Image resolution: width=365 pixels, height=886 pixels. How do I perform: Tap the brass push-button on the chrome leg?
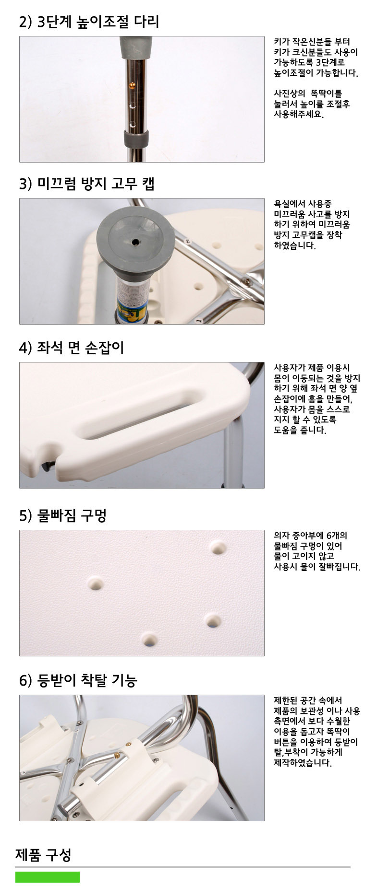point(133,85)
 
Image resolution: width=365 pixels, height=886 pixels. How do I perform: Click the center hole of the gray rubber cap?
point(136,242)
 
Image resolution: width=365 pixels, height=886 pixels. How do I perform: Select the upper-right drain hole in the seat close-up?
point(219,548)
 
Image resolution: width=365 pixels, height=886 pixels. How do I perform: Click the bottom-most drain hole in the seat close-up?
point(149,640)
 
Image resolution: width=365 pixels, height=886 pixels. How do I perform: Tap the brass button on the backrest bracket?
point(118,755)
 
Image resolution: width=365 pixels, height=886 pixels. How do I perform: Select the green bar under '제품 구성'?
point(48,877)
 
